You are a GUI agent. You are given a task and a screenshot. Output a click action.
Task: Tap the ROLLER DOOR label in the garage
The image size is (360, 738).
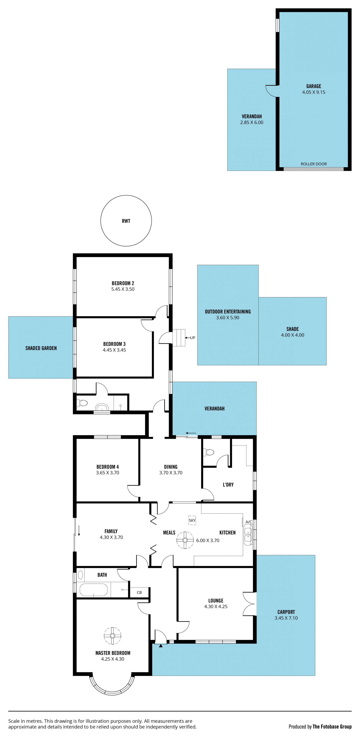click(314, 164)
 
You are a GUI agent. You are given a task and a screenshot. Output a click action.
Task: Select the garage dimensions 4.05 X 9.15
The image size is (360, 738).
click(314, 92)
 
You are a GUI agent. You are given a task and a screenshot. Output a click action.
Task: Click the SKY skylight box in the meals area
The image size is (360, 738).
click(192, 520)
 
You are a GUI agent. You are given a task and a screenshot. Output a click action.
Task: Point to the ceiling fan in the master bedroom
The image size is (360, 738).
click(112, 636)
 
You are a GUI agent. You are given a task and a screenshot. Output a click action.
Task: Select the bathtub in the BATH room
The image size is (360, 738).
click(93, 590)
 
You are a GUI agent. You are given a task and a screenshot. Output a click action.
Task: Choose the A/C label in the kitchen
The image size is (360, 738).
click(249, 522)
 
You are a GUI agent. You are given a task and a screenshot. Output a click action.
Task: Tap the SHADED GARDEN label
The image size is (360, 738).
click(41, 348)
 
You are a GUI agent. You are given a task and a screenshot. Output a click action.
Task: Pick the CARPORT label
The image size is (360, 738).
click(286, 612)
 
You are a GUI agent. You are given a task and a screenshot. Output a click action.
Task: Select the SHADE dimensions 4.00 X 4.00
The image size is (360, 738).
click(292, 335)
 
